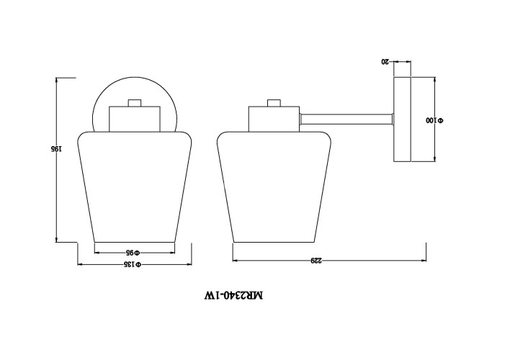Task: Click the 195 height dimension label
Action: (55, 149)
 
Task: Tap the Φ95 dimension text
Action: (133, 253)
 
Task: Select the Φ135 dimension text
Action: (133, 264)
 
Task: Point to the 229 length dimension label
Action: (316, 261)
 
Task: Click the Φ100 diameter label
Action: (434, 120)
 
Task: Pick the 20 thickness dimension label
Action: (385, 61)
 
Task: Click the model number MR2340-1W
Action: (233, 295)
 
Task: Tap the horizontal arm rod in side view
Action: (346, 119)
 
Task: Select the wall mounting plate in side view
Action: (403, 120)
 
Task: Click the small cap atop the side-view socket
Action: (274, 103)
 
